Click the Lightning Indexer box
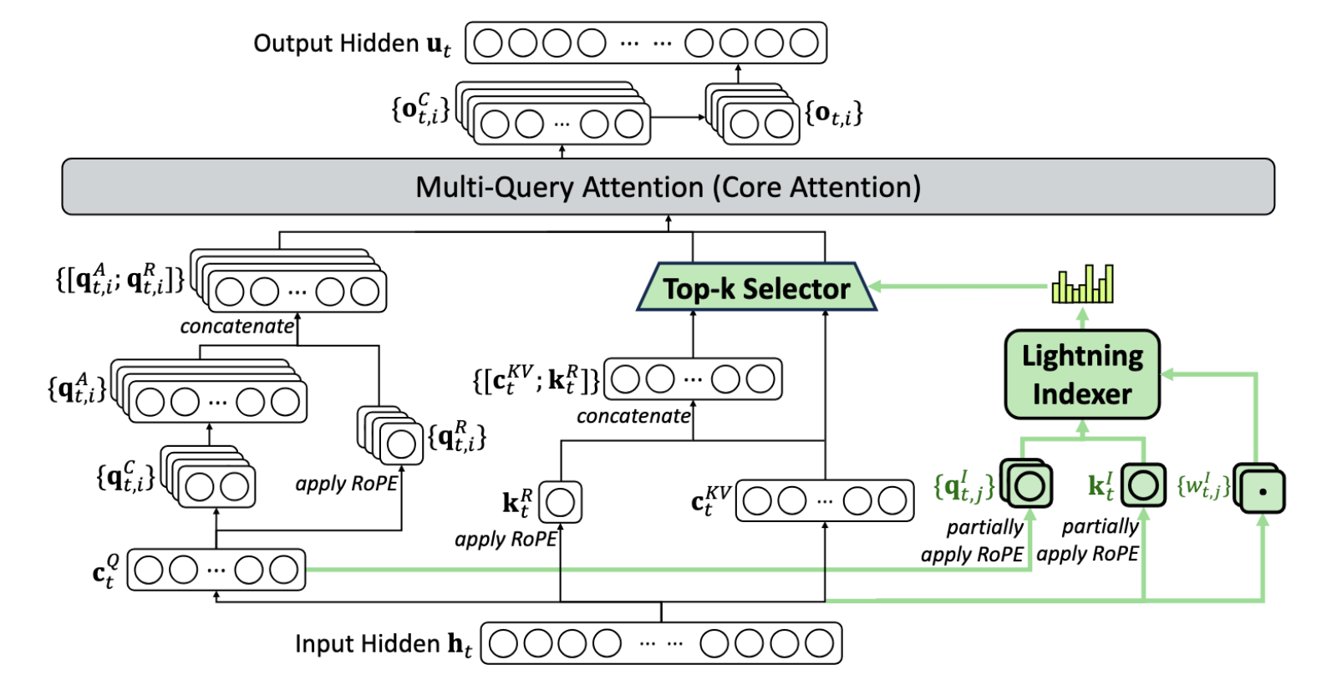1082,374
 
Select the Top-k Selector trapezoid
755,288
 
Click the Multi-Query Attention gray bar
668,187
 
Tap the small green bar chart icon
1082,284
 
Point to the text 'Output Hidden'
336,43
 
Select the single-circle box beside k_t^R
560,502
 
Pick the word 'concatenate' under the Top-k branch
633,416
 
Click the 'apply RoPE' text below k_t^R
506,540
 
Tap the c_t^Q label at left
106,571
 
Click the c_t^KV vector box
825,501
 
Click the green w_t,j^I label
1203,486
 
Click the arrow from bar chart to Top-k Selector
961,287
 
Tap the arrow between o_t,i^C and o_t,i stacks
678,117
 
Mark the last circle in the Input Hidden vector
819,643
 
